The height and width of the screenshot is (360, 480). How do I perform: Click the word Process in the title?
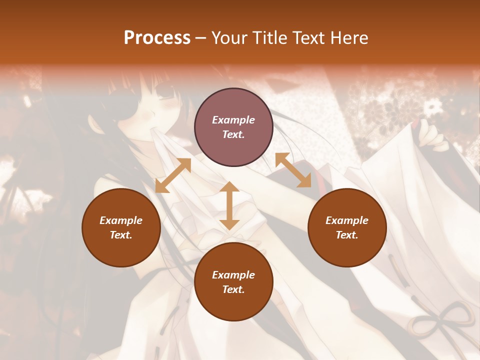pos(157,38)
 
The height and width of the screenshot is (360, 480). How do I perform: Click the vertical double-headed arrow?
pos(229,205)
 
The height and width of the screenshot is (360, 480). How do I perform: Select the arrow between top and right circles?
pos(293,170)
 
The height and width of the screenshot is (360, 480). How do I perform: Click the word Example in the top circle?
pos(233,120)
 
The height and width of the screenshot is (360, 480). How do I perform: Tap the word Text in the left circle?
pos(121,235)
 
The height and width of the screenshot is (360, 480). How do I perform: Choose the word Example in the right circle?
pos(347,220)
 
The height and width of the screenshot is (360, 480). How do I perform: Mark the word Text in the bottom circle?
pos(233,289)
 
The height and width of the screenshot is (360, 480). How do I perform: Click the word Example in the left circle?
pos(121,220)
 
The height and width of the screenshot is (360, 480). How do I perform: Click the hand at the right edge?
pos(432,136)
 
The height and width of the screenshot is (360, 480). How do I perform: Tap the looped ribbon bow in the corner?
pos(440,320)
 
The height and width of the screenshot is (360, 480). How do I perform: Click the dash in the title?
pos(200,38)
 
